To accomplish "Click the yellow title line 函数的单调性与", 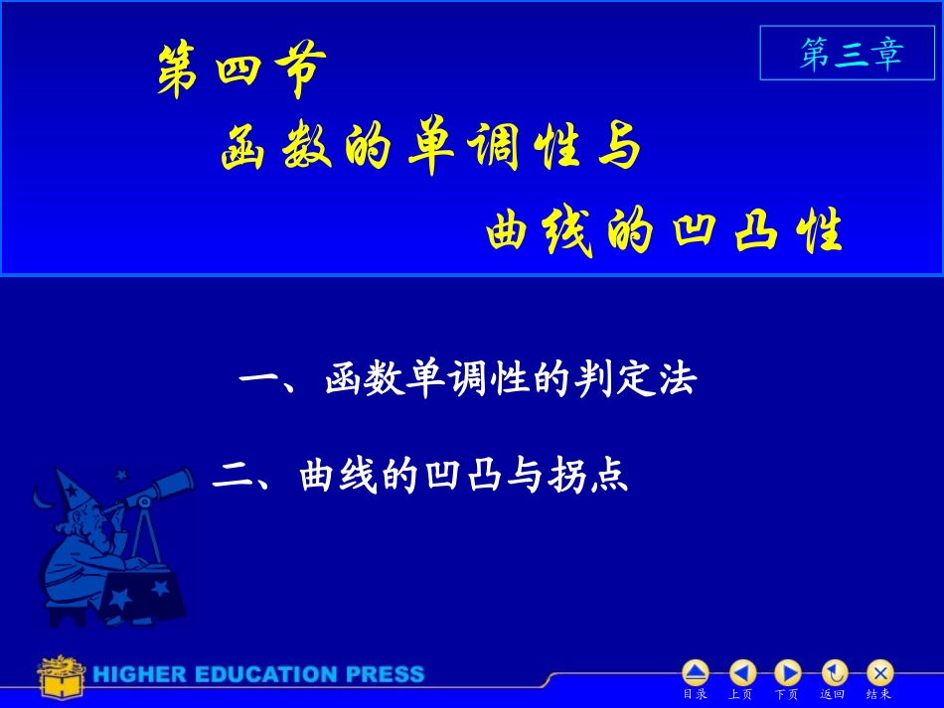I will coord(429,150).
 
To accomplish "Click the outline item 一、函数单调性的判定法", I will coord(467,380).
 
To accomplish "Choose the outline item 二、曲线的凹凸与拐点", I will coord(420,477).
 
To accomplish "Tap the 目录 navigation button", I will coord(695,673).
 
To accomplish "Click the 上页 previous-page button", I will coord(741,673).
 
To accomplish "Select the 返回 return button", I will coord(833,673).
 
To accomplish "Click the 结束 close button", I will coord(879,673).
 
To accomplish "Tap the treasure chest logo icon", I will coord(60,675).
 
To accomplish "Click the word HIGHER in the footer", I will coord(138,675).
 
